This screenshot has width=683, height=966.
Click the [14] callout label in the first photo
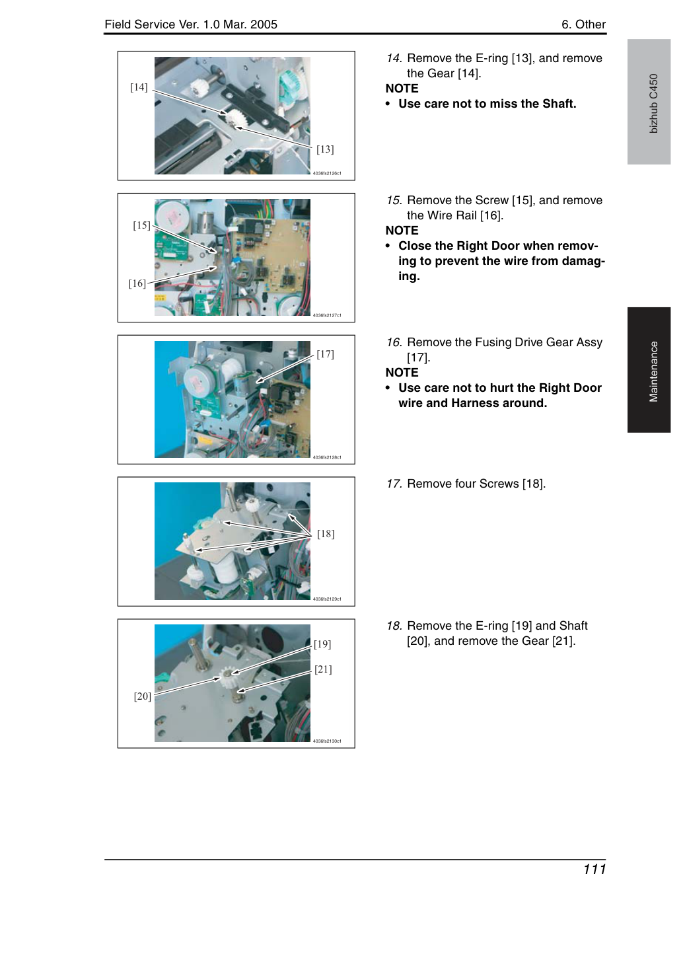click(x=139, y=87)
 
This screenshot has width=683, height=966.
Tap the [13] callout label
click(x=325, y=149)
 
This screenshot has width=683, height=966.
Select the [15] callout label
click(x=141, y=225)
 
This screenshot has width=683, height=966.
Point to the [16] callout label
click(x=137, y=283)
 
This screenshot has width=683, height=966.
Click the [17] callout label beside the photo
click(x=325, y=354)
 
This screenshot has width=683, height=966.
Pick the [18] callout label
click(x=326, y=534)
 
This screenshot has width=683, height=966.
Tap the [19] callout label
click(x=322, y=644)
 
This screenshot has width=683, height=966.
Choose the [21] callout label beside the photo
click(x=323, y=669)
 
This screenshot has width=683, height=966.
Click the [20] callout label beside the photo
click(x=142, y=696)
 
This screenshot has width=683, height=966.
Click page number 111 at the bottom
click(x=594, y=870)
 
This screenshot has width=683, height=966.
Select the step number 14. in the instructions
click(x=394, y=58)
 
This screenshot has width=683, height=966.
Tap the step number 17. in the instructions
click(x=394, y=484)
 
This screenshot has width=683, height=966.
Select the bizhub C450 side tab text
click(x=653, y=104)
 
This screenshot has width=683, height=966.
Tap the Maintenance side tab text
click(x=653, y=372)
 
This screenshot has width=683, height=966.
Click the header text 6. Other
click(x=583, y=24)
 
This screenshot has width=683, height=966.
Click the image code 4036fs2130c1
click(x=327, y=741)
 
